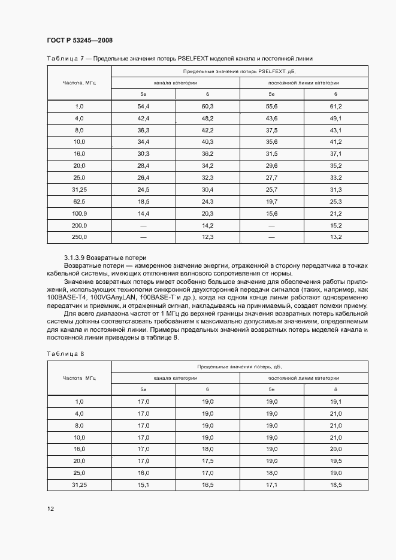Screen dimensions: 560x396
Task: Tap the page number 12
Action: [x=50, y=509]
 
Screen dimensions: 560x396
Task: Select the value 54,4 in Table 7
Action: [x=143, y=106]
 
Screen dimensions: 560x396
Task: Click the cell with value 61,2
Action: [x=335, y=106]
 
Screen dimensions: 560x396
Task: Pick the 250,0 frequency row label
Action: [x=79, y=237]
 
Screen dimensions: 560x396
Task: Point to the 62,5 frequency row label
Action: [x=79, y=202]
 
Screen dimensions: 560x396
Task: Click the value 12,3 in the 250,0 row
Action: [x=207, y=237]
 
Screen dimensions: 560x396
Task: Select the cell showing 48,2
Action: [x=207, y=118]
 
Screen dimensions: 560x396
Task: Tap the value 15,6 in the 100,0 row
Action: [x=271, y=213]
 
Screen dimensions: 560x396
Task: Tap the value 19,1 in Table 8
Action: [x=335, y=401]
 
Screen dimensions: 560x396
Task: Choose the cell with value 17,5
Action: [x=207, y=461]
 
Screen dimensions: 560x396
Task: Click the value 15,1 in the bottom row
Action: [x=143, y=485]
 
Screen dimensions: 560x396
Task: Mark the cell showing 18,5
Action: [x=335, y=485]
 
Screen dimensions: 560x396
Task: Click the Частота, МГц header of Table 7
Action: [x=79, y=82]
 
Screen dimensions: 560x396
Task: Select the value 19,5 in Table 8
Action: [x=335, y=461]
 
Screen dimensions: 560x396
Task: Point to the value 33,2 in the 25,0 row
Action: [x=335, y=178]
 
